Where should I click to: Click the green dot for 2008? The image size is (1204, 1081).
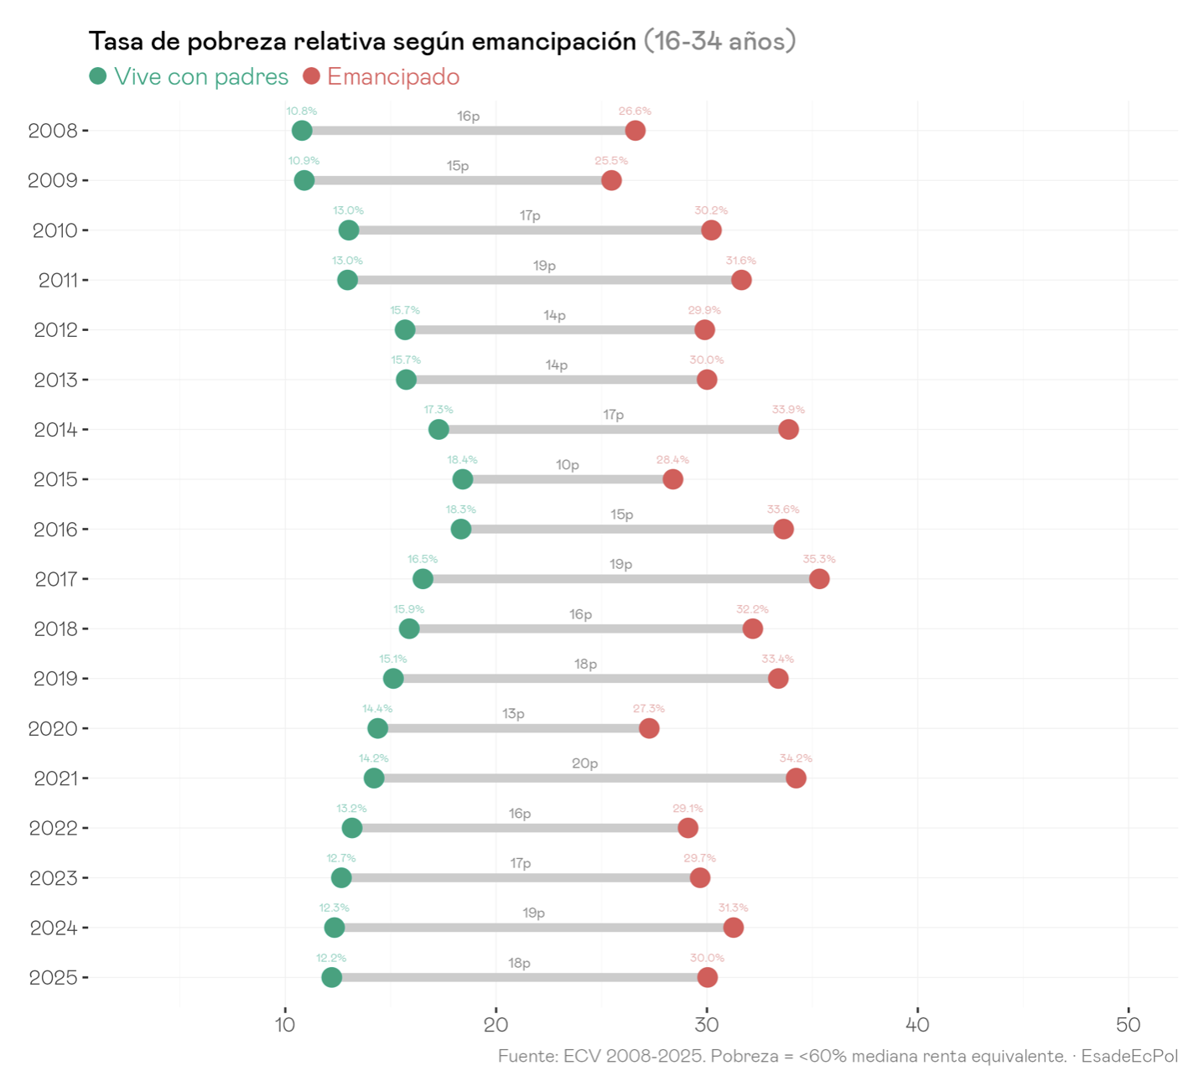point(302,131)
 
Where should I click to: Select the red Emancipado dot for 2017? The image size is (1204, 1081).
point(819,579)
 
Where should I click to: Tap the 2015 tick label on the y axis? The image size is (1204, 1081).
point(55,479)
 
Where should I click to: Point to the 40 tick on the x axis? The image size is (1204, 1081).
point(918,1025)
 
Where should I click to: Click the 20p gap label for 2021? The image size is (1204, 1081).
point(585,763)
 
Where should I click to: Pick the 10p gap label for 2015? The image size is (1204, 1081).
point(568,465)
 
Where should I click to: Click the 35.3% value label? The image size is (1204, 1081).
point(819,559)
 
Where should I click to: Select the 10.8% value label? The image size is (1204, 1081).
point(302,111)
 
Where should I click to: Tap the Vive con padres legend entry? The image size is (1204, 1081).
point(189,76)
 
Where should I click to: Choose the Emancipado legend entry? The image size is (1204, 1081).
point(381,76)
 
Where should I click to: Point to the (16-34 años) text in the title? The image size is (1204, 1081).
point(719,41)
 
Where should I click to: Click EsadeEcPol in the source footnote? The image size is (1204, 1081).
point(1129,1056)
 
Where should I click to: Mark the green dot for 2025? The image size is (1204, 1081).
point(332,977)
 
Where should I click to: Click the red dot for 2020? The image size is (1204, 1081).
point(649,728)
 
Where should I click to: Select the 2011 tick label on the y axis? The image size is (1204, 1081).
point(58,280)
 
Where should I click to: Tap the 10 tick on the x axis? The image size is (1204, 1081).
point(285,1025)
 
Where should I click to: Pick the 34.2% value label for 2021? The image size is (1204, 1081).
point(796,758)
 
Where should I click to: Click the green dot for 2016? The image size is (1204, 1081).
point(461,529)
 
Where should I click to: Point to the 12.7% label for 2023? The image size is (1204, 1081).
point(341,858)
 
